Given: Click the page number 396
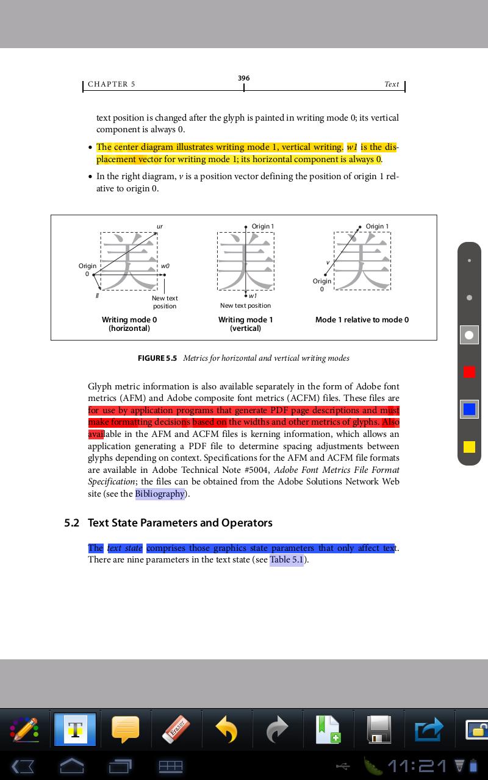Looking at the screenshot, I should (x=244, y=78).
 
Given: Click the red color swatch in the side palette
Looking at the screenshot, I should (x=469, y=372).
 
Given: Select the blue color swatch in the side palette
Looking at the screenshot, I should (x=469, y=409).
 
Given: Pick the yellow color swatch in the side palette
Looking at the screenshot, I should (x=469, y=447).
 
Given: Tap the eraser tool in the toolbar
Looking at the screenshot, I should (x=177, y=729).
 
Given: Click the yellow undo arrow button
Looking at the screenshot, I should (x=226, y=729).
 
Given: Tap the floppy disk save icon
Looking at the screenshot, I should (x=378, y=729).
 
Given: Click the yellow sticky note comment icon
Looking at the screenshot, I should (x=126, y=729).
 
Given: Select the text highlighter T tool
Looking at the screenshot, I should (x=75, y=729).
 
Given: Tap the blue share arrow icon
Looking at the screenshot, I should (x=428, y=729).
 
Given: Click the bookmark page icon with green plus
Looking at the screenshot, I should (x=328, y=729).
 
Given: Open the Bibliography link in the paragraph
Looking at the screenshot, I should (x=160, y=494).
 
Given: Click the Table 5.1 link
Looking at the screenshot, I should (x=287, y=559).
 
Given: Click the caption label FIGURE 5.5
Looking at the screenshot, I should (x=157, y=358).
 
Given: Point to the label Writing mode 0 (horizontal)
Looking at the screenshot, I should (x=129, y=324).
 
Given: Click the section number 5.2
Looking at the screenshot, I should (x=72, y=523).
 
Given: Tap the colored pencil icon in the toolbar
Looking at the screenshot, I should (x=24, y=729).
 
